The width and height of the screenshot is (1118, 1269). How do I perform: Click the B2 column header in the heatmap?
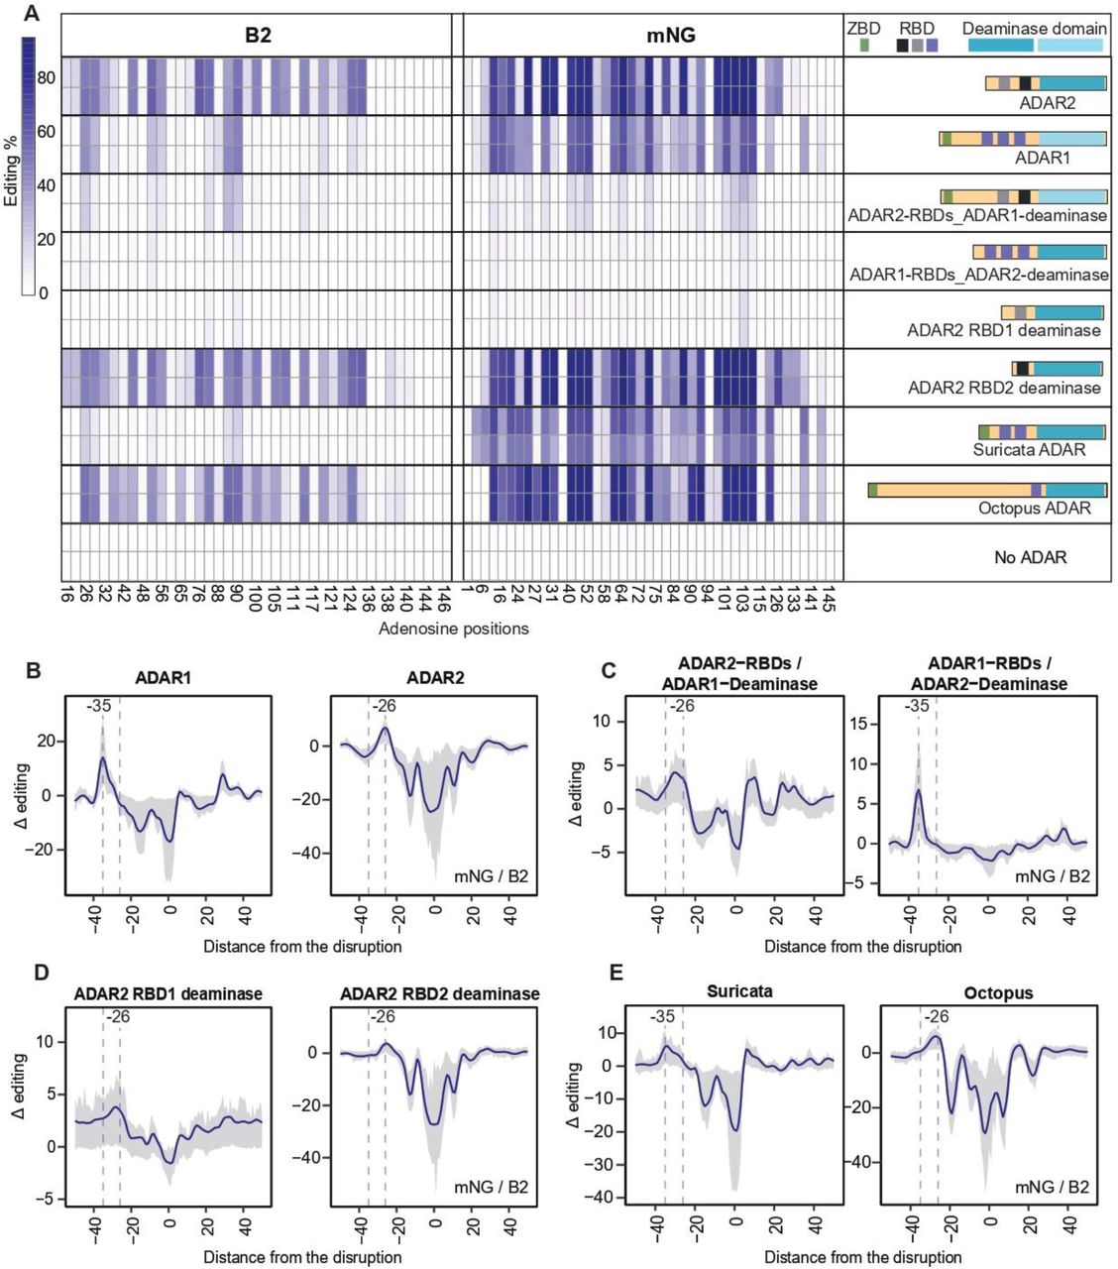click(x=258, y=36)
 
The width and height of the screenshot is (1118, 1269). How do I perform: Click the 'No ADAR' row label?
click(x=1030, y=557)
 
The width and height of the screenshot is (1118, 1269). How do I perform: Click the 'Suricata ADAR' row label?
click(x=1029, y=449)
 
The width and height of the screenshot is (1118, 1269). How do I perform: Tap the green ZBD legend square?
click(x=863, y=46)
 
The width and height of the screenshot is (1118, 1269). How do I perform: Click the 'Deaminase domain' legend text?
click(x=1034, y=29)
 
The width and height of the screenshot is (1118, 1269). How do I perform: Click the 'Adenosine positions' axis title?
click(x=453, y=629)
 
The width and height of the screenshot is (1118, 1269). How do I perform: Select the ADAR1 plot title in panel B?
click(x=164, y=678)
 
